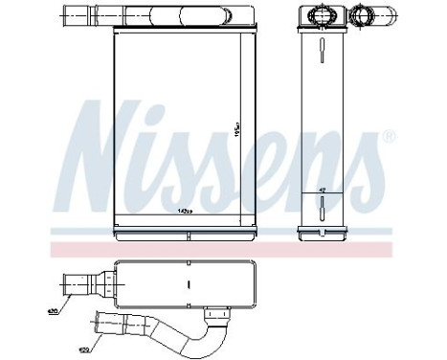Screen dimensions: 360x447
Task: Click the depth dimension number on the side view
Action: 321,191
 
